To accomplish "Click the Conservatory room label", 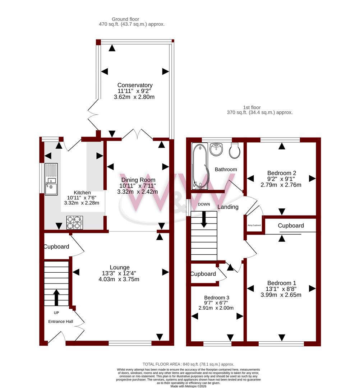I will [135, 85].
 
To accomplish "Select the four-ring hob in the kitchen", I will [74, 222].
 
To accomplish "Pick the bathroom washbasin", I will [217, 149].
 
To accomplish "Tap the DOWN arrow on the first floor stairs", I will [204, 219].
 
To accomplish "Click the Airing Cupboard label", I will [254, 225].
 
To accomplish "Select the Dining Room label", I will [138, 180].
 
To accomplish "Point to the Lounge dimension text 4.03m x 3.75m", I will [120, 279].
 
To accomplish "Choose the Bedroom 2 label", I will [281, 173].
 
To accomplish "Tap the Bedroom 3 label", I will [217, 298].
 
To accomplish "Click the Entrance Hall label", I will [61, 321].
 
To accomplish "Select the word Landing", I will [228, 207].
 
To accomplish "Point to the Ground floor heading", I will [125, 19].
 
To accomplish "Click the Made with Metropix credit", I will [188, 386].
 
